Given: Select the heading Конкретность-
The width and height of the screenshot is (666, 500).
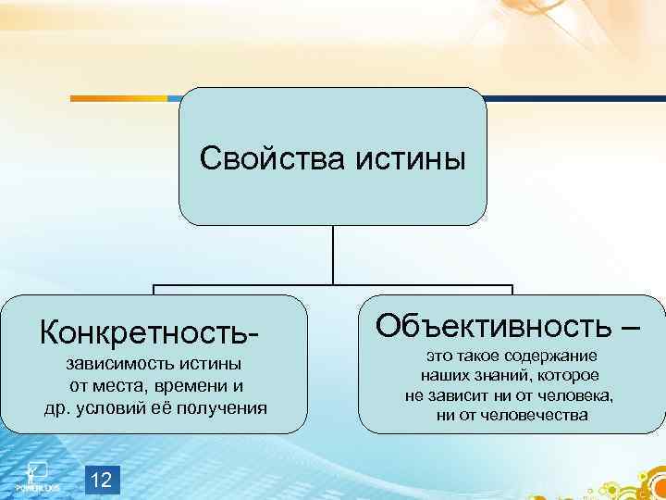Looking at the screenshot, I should click(145, 329).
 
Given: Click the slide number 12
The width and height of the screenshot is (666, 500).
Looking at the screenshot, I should click(103, 480).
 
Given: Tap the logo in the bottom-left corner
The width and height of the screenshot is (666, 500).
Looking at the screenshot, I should click(35, 474).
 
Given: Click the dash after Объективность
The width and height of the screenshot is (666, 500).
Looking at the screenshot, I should click(629, 325).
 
